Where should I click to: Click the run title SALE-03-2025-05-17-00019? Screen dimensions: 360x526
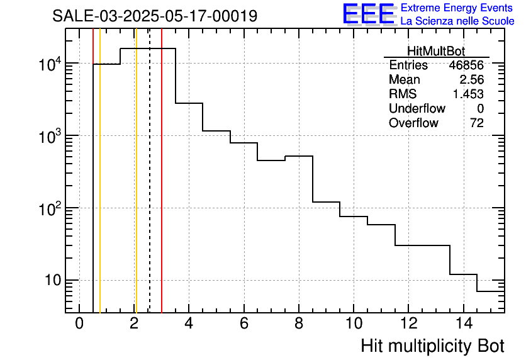(155, 16)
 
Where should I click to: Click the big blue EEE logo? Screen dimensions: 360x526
(368, 14)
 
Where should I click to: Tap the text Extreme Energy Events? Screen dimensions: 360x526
(457, 8)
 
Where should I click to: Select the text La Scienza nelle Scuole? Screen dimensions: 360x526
(457, 21)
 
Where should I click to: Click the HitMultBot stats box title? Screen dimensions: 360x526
(436, 52)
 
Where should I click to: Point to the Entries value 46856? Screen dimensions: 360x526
(466, 65)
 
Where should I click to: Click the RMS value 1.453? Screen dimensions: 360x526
(468, 94)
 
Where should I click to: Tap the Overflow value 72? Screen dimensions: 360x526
(477, 123)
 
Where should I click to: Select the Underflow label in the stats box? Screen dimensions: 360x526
(417, 109)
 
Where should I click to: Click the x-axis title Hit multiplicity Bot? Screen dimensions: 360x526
(432, 346)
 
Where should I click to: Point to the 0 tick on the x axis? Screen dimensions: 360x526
(79, 323)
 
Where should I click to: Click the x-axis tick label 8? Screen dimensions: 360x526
(299, 323)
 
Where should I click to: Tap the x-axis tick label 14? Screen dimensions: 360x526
(463, 323)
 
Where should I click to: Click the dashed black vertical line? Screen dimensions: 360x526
(150, 189)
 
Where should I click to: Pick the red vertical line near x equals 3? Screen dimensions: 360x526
(162, 189)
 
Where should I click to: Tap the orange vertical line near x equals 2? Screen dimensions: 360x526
(136, 189)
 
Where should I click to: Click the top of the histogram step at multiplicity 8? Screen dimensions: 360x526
(299, 156)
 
